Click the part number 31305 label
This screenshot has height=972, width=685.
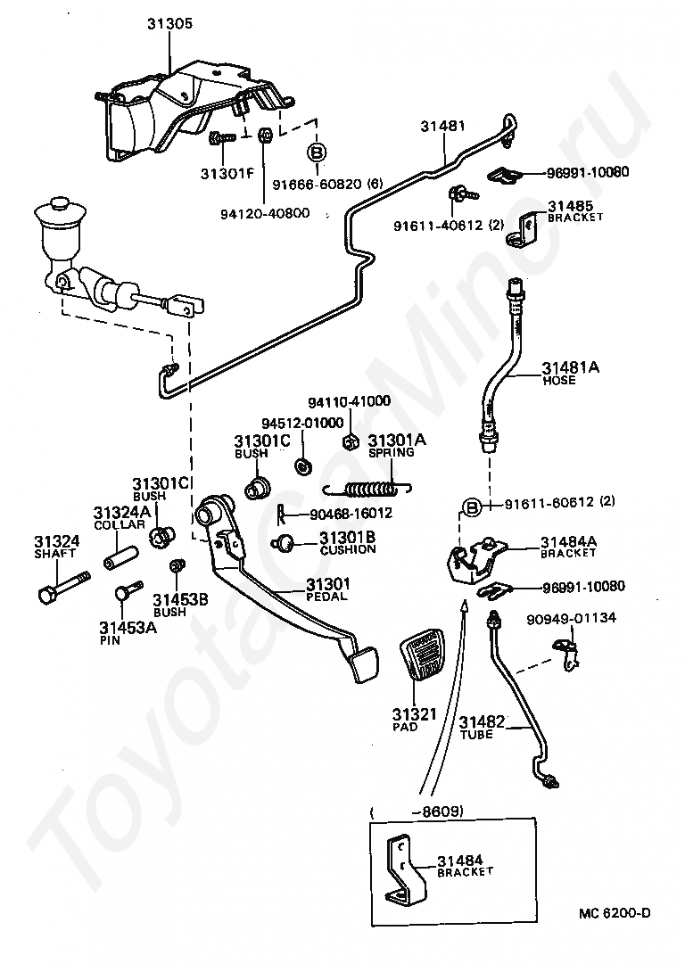point(169,23)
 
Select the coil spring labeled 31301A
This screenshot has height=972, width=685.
point(367,490)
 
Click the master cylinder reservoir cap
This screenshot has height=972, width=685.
point(59,205)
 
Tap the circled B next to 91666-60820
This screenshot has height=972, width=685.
point(317,152)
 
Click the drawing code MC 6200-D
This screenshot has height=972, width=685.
point(615,913)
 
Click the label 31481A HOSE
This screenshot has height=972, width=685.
point(570,373)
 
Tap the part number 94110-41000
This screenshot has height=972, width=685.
point(349,401)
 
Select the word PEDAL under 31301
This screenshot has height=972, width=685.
point(326,597)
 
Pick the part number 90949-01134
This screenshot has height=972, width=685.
point(572,618)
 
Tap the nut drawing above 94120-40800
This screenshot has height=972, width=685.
point(264,134)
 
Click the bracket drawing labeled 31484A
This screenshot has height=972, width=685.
point(475,560)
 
